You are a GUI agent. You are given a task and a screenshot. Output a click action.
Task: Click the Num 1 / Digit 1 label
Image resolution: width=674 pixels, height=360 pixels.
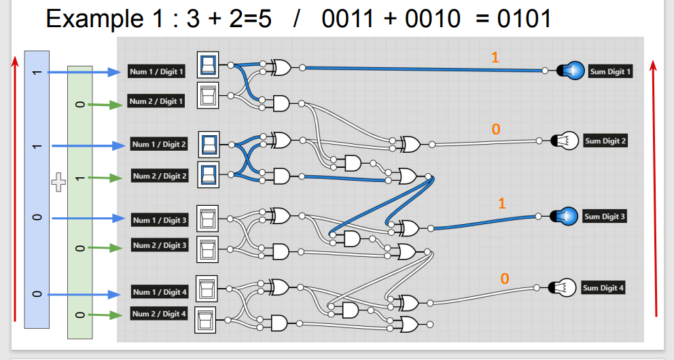click(x=156, y=71)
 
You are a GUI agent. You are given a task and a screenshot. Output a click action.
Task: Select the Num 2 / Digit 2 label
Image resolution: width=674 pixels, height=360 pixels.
click(x=160, y=176)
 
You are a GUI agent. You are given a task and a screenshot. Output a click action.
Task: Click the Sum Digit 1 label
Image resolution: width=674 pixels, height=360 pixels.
click(x=610, y=71)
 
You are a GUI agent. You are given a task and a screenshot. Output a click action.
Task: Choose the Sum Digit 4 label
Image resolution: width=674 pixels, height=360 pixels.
click(x=603, y=288)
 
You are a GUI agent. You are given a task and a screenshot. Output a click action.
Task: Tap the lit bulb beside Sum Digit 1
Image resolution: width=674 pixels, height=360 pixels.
click(x=571, y=70)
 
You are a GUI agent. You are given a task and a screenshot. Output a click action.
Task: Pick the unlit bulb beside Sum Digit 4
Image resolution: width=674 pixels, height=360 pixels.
click(x=565, y=288)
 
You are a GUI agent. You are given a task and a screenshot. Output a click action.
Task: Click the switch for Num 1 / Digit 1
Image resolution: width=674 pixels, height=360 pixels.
click(x=208, y=65)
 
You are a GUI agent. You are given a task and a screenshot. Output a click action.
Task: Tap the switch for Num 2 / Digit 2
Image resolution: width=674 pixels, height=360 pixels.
click(x=209, y=174)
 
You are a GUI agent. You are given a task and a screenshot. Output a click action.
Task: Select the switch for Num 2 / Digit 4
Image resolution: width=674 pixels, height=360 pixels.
click(x=205, y=319)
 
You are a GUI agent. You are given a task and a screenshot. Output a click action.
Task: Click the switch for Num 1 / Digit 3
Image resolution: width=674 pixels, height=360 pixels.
click(x=207, y=218)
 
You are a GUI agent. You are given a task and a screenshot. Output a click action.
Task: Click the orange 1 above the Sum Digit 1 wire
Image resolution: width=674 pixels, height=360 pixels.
click(x=495, y=58)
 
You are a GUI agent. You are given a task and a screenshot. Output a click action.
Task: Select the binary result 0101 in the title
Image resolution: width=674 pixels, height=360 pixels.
click(x=523, y=18)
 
